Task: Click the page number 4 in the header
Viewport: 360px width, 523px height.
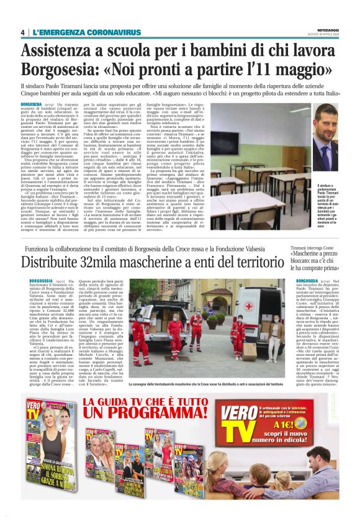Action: point(22,32)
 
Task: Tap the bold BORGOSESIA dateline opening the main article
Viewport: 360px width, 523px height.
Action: point(32,102)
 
